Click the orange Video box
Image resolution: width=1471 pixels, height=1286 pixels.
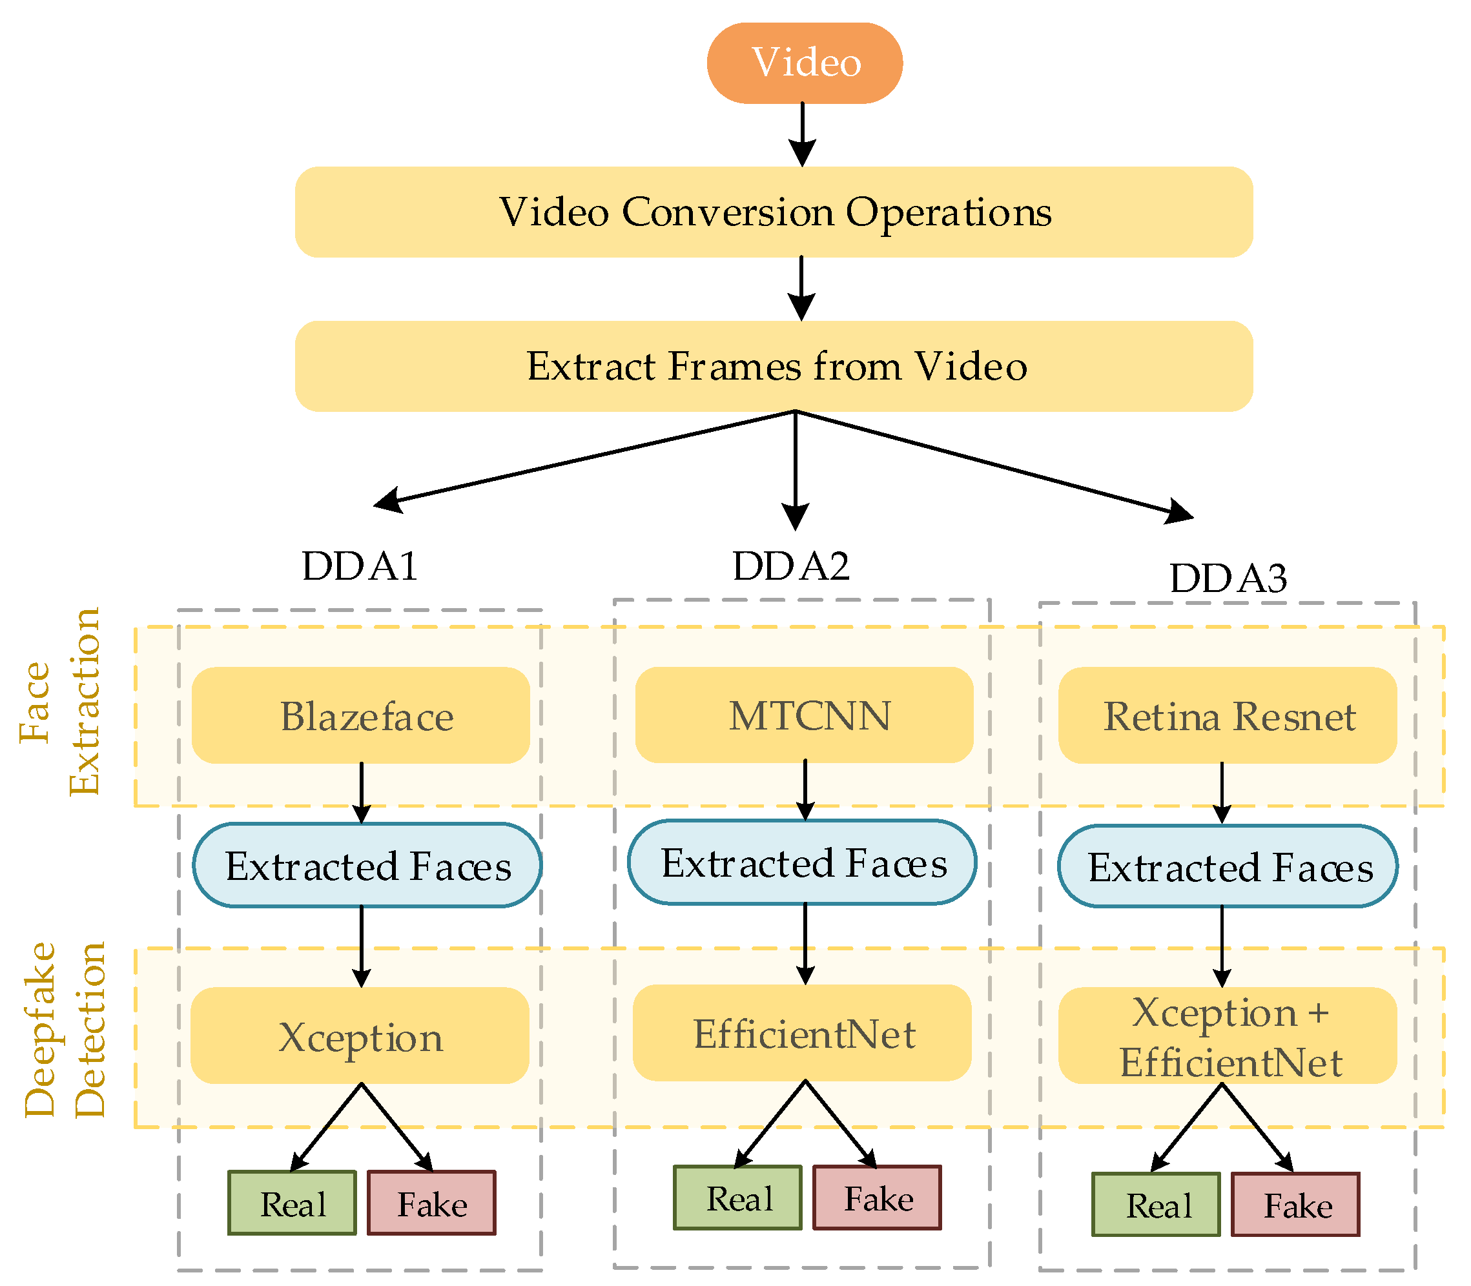tap(804, 63)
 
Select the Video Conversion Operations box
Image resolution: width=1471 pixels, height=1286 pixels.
tap(774, 212)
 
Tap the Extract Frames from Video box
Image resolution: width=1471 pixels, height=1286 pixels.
tap(774, 366)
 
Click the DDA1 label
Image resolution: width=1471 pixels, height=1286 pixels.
tap(360, 566)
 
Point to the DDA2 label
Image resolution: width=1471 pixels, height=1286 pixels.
tap(790, 566)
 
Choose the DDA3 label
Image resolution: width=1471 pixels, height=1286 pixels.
tap(1228, 578)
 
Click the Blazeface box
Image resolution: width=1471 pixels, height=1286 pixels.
tap(360, 715)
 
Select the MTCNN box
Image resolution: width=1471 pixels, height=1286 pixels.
tap(804, 715)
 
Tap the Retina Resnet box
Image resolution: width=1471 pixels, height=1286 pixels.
tap(1228, 715)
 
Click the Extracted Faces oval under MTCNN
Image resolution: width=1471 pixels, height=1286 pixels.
tap(802, 862)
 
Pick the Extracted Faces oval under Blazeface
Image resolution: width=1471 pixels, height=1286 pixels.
tap(367, 866)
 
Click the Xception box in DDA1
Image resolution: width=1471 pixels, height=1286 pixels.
tap(360, 1036)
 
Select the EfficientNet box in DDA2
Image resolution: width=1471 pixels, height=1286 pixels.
tap(802, 1033)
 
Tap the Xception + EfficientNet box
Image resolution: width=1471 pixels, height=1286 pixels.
tap(1228, 1036)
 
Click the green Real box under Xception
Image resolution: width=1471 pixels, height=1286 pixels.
tap(292, 1203)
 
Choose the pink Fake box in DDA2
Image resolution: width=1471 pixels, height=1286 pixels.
tap(876, 1198)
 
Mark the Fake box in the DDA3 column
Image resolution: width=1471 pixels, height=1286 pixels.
tap(1295, 1205)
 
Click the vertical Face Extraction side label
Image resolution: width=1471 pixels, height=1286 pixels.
tap(60, 701)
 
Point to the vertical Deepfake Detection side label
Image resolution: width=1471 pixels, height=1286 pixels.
tap(65, 1029)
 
